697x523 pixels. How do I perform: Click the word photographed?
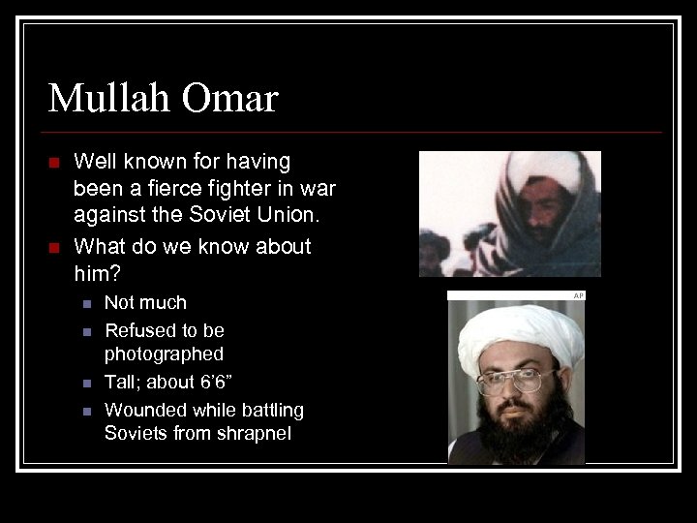(164, 354)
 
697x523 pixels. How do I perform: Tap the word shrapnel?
(255, 434)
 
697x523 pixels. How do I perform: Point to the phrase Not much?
(145, 303)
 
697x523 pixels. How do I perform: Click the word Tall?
(123, 383)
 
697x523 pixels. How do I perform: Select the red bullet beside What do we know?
(54, 248)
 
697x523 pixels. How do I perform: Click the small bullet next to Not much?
(85, 304)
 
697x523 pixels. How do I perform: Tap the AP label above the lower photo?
(578, 295)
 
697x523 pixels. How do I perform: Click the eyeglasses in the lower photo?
(515, 380)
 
